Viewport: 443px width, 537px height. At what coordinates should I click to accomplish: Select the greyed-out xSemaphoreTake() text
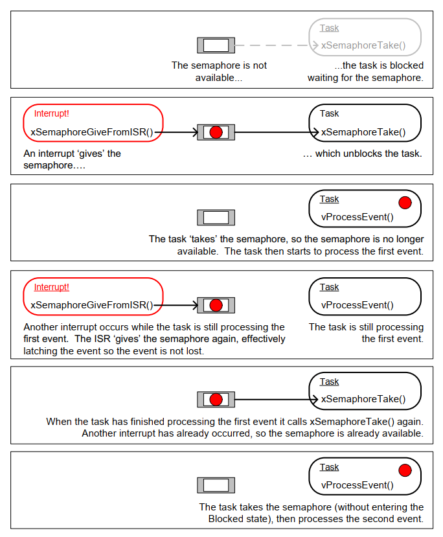[x=363, y=45]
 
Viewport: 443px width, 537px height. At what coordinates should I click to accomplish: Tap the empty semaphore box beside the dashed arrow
[x=216, y=45]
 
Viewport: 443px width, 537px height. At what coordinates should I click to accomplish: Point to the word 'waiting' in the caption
[x=324, y=77]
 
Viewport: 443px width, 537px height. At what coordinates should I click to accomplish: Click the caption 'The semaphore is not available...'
[x=219, y=71]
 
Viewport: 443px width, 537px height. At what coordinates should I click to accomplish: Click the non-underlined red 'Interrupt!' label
[x=51, y=113]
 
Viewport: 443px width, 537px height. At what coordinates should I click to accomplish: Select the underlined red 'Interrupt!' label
[x=51, y=287]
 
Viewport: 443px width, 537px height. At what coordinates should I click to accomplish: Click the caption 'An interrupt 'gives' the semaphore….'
[x=72, y=159]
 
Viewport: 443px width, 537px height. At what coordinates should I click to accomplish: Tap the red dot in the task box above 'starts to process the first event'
[x=405, y=203]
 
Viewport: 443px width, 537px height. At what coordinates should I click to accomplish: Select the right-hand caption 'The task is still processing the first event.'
[x=367, y=333]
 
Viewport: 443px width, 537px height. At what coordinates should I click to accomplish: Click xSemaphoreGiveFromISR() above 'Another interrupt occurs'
[x=92, y=305]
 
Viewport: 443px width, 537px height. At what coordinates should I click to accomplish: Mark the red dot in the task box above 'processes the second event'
[x=405, y=471]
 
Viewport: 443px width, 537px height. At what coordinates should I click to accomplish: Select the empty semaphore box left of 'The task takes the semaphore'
[x=216, y=485]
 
